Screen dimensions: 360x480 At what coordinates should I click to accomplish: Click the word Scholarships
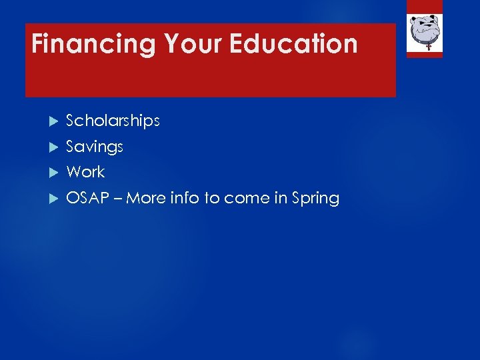113,121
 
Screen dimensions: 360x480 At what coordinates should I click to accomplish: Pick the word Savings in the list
95,147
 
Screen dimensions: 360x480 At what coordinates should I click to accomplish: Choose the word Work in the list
85,172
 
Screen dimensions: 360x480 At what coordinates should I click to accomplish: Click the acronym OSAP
87,198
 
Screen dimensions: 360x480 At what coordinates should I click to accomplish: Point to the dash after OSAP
117,199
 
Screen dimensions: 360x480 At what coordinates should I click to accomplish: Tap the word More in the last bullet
145,198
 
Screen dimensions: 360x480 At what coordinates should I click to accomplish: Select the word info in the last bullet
183,198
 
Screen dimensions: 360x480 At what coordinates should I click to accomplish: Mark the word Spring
315,198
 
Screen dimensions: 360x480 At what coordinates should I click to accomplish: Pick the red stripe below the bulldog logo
425,55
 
